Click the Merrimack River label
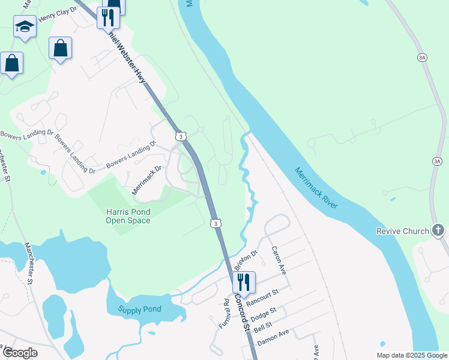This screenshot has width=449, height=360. click(x=316, y=188)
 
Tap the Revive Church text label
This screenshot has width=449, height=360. click(x=403, y=231)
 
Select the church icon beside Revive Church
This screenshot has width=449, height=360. click(x=439, y=230)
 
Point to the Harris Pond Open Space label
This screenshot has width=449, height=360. click(x=128, y=216)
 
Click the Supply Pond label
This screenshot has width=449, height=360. click(x=140, y=310)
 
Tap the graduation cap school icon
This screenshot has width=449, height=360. click(x=25, y=26)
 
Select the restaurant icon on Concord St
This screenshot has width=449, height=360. click(x=244, y=281)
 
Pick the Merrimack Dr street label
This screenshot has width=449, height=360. click(x=147, y=181)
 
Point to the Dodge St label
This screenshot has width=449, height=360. click(x=263, y=314)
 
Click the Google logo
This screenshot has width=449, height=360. click(x=20, y=353)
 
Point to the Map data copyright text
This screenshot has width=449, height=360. click(x=411, y=355)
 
